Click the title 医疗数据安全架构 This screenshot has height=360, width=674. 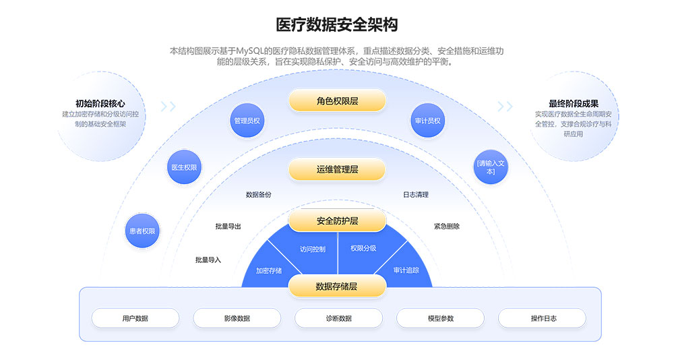pos(337,26)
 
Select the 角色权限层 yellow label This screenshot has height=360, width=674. pos(337,101)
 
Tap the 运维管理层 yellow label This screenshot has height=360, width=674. pos(337,169)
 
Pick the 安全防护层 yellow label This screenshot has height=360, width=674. pos(337,220)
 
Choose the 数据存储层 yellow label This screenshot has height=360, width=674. pos(337,286)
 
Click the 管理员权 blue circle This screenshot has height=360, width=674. pos(247,121)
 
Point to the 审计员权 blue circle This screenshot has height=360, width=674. pos(427,121)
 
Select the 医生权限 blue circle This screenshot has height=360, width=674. pos(184,167)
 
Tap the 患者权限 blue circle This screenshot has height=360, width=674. pos(142,231)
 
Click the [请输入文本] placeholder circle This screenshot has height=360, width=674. pos(490,167)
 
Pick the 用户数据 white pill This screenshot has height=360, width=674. pos(135,318)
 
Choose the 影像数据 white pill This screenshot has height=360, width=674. pos(237,318)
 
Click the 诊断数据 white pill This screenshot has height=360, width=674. pos(338,318)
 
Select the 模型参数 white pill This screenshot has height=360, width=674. pos(440,318)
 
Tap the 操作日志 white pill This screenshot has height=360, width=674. pos(542,318)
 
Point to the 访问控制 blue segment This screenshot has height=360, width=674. pos(312,249)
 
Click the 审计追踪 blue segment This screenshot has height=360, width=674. pos(406,270)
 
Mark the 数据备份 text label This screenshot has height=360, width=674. pos(259,195)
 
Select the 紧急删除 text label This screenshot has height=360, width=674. pos(446,227)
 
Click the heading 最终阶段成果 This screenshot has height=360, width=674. pos(574,103)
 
